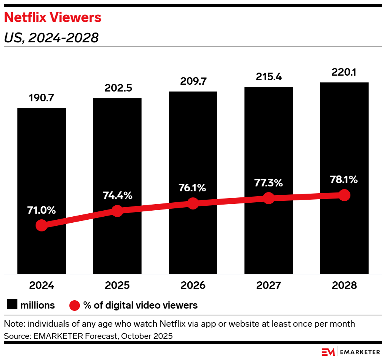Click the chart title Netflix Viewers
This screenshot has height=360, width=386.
pos(52,17)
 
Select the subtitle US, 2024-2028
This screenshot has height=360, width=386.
pos(51,38)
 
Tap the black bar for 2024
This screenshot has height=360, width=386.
pos(42,170)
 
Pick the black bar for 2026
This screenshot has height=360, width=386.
pos(193,151)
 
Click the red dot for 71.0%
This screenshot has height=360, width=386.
pos(42,225)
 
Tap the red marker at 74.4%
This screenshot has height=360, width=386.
pos(117,211)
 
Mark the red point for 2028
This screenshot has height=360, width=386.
pos(344,195)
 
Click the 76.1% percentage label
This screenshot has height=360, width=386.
pos(193,188)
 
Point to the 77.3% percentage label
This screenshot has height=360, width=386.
pos(269,183)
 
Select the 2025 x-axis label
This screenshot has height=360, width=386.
pos(117,285)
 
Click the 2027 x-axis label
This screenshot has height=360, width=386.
pos(269,285)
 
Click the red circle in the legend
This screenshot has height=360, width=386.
pos(75,305)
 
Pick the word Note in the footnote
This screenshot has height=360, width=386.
pos(12,324)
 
